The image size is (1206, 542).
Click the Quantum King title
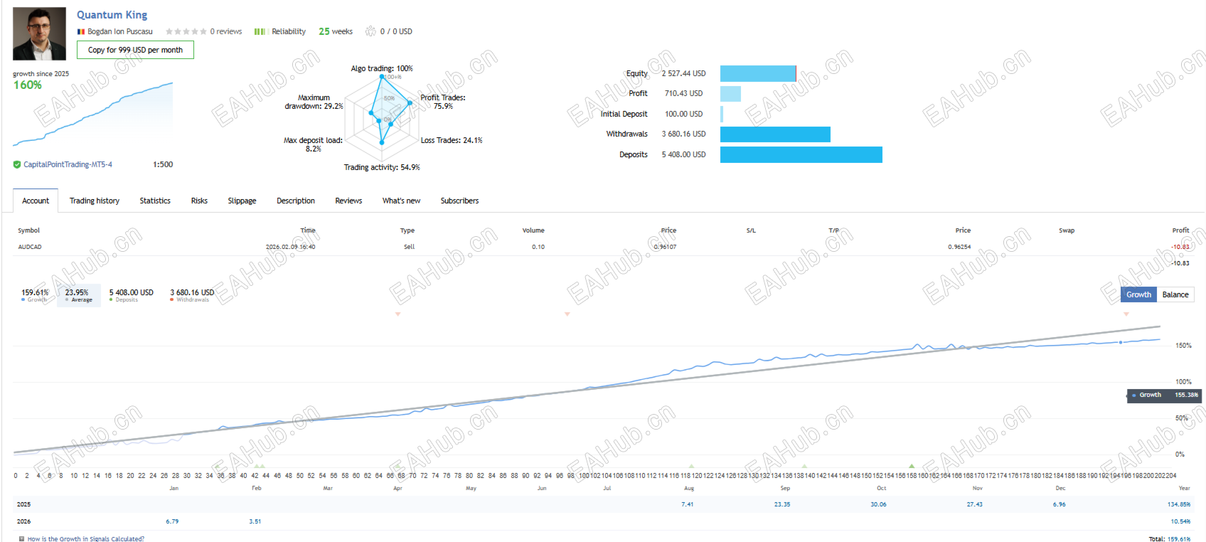point(112,15)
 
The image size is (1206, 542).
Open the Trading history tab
point(94,201)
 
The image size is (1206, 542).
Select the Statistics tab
point(155,201)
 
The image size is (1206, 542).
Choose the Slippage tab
point(242,201)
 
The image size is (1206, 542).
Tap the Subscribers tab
point(459,201)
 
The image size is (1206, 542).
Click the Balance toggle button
point(1175,294)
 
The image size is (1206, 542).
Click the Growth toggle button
point(1138,294)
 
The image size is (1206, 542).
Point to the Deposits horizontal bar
point(801,154)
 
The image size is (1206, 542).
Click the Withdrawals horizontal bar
point(775,134)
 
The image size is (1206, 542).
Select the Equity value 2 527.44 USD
point(683,73)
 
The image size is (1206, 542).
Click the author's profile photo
point(39,34)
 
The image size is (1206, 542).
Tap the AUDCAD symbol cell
point(30,247)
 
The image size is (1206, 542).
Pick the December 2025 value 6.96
point(1059,504)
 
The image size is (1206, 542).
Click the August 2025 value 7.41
point(687,504)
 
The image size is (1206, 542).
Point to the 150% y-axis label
point(1183,346)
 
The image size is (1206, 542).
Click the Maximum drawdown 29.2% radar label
point(314,102)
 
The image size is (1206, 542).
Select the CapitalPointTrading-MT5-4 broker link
point(68,164)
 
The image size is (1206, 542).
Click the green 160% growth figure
point(28,85)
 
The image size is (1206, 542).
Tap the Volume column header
point(533,230)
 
